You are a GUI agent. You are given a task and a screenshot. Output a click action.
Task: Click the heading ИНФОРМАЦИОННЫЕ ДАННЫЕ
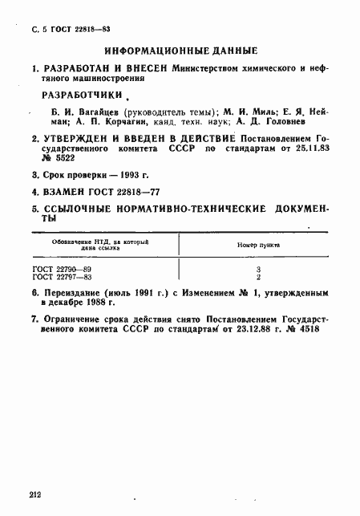pyautogui.click(x=180, y=49)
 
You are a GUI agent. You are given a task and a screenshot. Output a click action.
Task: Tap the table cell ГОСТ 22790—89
pyautogui.click(x=62, y=269)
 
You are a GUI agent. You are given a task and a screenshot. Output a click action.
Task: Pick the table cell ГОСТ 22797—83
pyautogui.click(x=62, y=277)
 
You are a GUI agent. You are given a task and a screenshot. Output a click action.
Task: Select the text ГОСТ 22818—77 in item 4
pyautogui.click(x=124, y=192)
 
